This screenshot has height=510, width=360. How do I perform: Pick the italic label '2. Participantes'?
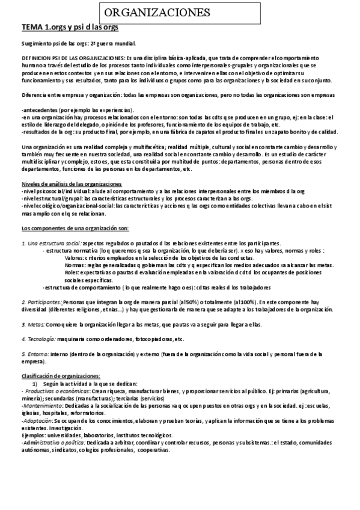tap(43, 302)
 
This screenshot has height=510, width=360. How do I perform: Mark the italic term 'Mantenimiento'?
tap(42, 406)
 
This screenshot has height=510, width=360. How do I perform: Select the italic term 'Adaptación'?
tap(38, 422)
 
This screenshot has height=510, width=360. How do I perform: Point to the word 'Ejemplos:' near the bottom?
tap(34, 435)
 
